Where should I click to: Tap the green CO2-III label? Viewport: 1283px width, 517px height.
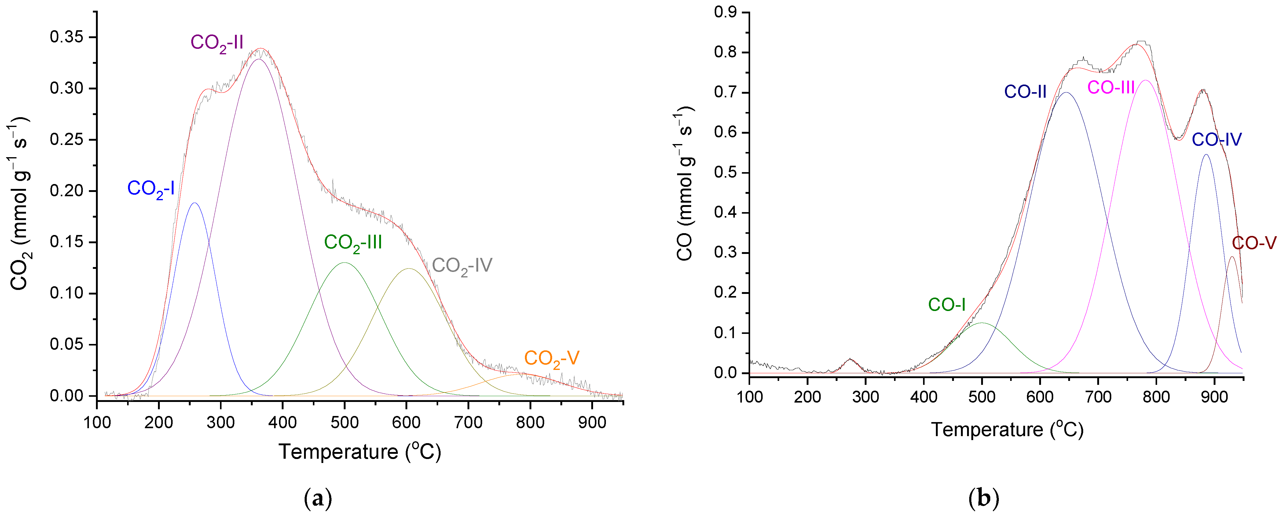click(x=353, y=243)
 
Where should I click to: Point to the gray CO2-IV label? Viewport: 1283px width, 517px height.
click(x=462, y=266)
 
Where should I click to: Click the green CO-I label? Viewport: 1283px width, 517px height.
click(x=946, y=305)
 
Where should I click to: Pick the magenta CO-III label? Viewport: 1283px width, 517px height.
click(x=1111, y=88)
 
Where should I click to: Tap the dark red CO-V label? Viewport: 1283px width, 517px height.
click(x=1254, y=243)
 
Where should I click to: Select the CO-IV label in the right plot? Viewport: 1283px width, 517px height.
click(x=1216, y=140)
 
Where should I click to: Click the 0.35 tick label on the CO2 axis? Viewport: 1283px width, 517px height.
click(x=66, y=37)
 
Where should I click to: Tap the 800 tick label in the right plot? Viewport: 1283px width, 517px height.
click(x=1156, y=397)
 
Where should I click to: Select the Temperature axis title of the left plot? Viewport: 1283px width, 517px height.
click(x=360, y=452)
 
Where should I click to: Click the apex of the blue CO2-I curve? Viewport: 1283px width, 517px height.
click(x=194, y=203)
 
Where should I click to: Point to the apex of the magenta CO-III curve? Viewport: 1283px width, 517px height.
click(x=1146, y=80)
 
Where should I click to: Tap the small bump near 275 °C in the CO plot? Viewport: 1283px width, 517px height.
click(x=850, y=360)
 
